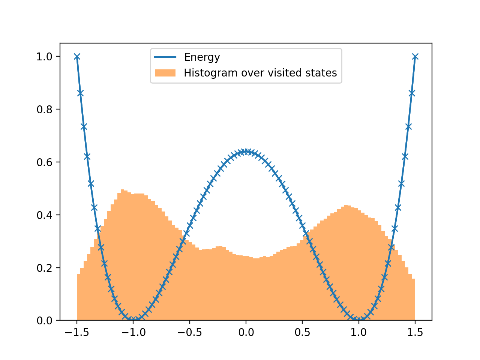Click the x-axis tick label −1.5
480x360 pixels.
click(76, 333)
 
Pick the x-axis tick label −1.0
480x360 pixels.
click(133, 333)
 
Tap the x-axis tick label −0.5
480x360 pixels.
click(189, 333)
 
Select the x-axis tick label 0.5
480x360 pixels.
click(302, 333)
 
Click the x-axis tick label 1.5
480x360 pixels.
click(415, 333)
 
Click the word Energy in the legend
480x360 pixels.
click(202, 57)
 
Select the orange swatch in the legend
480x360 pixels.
click(165, 73)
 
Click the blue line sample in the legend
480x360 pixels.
click(165, 57)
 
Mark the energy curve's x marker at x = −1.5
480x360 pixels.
click(77, 57)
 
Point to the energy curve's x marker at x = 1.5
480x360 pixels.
click(415, 57)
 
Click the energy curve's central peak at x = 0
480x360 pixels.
click(246, 151)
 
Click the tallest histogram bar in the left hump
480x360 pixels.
click(123, 255)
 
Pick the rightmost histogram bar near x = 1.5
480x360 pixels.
click(413, 300)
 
